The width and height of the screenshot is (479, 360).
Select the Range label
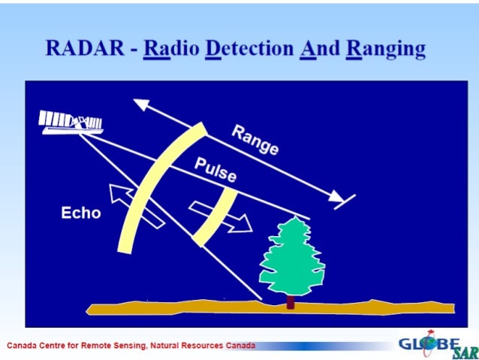point(255,141)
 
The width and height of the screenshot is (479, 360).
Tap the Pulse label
point(215,171)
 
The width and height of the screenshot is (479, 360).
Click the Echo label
point(80,213)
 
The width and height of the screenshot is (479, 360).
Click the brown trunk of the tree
point(291,301)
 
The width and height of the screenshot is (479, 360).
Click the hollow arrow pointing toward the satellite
point(136,206)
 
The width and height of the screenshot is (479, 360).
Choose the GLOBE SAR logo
point(437,346)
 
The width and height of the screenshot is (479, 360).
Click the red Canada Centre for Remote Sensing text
point(131,346)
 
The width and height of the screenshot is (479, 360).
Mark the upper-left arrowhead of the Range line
point(141,104)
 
